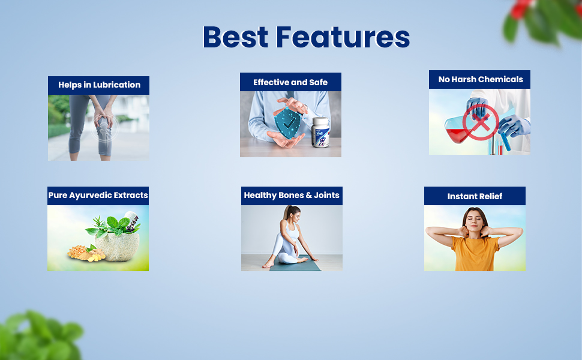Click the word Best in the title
pyautogui.click(x=236, y=37)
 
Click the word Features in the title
pyautogui.click(x=343, y=37)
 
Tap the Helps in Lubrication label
pyautogui.click(x=99, y=85)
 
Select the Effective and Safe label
pyautogui.click(x=290, y=82)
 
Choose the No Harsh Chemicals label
pyautogui.click(x=481, y=79)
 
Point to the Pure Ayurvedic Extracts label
pyautogui.click(x=98, y=195)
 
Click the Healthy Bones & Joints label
pyautogui.click(x=292, y=195)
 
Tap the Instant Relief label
pyautogui.click(x=475, y=196)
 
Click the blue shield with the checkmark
pyautogui.click(x=287, y=123)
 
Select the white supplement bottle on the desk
pyautogui.click(x=320, y=133)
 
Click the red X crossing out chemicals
pyautogui.click(x=481, y=122)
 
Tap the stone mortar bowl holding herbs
pyautogui.click(x=118, y=246)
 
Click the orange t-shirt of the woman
pyautogui.click(x=475, y=253)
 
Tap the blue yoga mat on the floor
pyautogui.click(x=295, y=264)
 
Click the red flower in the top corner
pyautogui.click(x=519, y=9)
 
